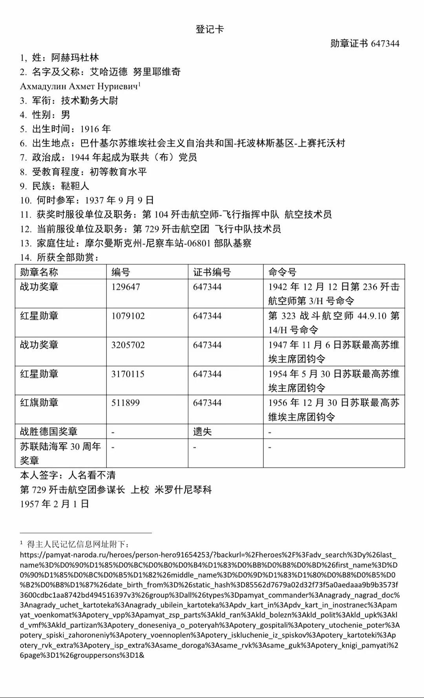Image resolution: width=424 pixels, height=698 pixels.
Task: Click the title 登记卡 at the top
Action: [210, 29]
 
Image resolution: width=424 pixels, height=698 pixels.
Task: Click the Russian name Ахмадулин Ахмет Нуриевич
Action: [80, 86]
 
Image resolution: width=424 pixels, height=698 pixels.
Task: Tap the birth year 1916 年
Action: [95, 129]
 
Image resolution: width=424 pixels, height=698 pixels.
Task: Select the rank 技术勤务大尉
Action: [90, 101]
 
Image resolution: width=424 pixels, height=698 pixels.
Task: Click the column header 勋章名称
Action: [39, 272]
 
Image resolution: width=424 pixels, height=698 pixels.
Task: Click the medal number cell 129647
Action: [126, 287]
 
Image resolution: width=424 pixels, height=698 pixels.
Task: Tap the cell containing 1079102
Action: [128, 316]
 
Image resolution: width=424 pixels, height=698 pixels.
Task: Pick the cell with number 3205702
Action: [128, 345]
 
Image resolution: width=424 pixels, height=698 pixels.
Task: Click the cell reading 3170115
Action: [128, 374]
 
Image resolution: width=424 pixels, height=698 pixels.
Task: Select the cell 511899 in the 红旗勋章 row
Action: [126, 403]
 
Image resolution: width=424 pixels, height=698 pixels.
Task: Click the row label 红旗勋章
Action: [39, 403]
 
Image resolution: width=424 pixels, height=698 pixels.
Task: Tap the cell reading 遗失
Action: [202, 432]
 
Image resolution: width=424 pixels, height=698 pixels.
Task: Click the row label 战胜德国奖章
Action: [49, 432]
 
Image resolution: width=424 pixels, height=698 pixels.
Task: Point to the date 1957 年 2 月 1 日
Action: [55, 504]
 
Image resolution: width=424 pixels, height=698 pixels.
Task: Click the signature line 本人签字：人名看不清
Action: [68, 475]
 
